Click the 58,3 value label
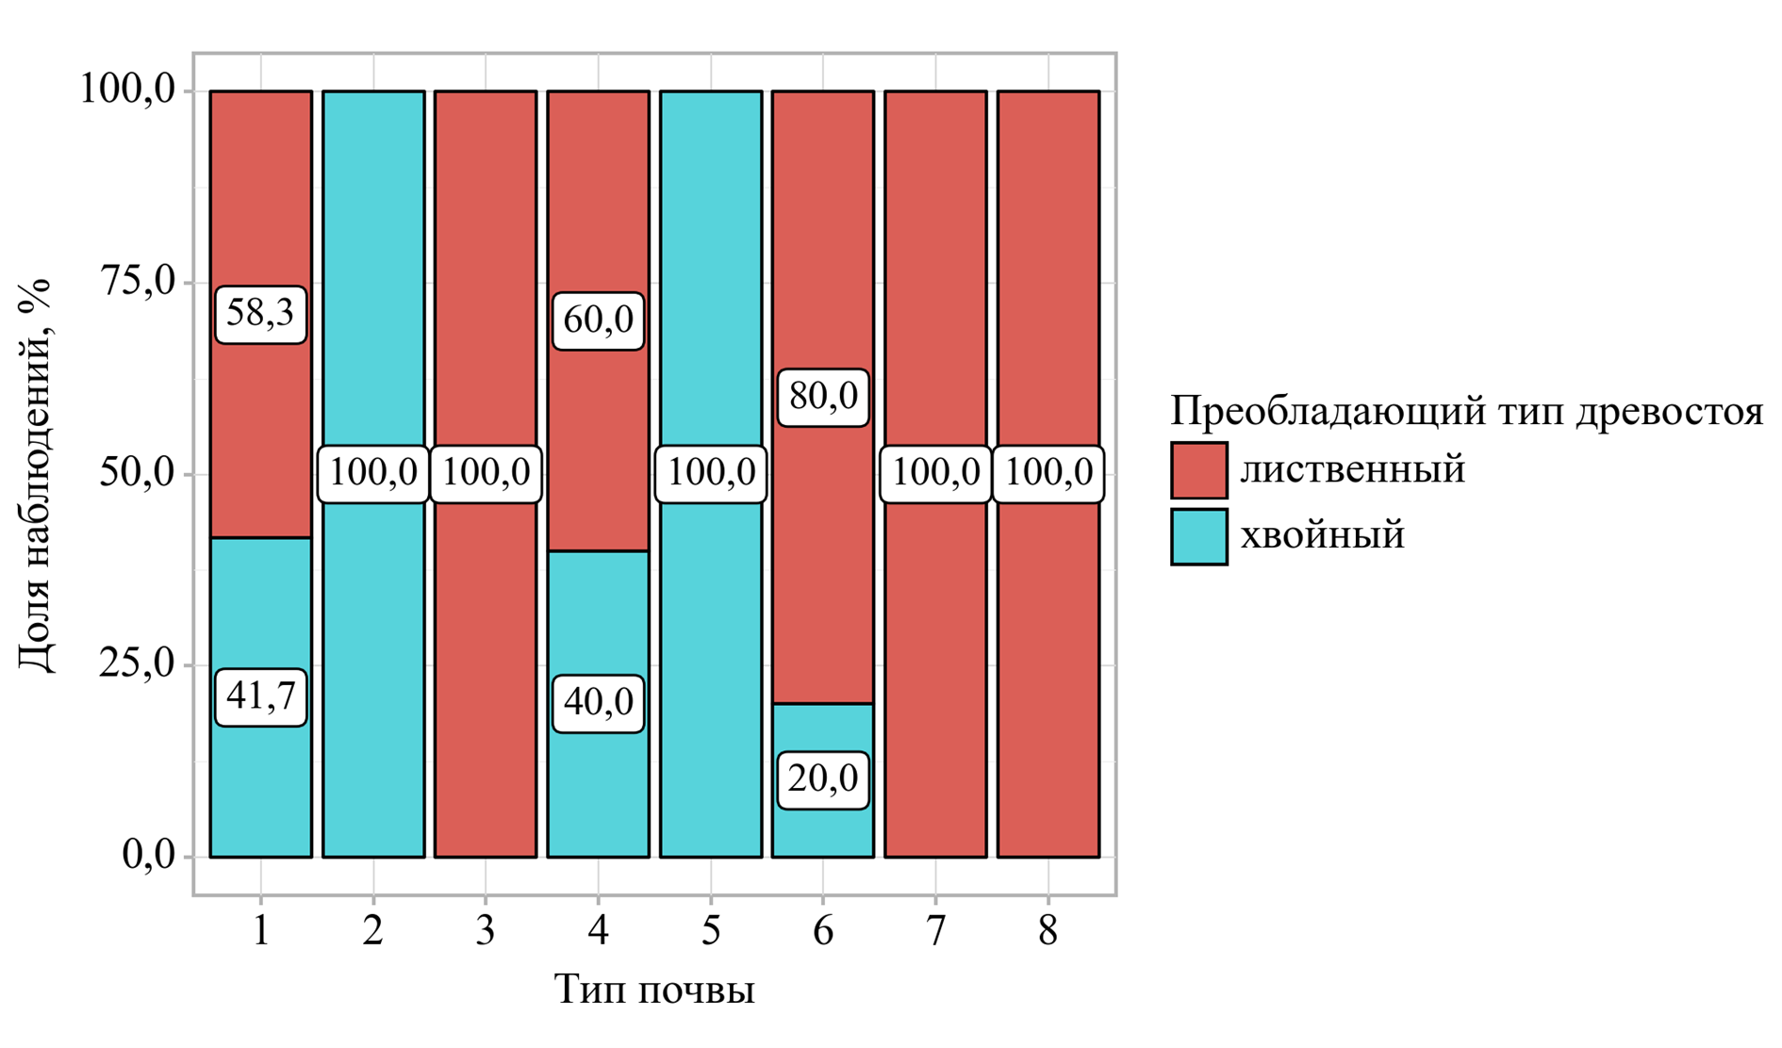click(x=260, y=314)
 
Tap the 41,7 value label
click(x=260, y=697)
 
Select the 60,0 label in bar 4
click(x=598, y=321)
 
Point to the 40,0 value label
click(x=598, y=703)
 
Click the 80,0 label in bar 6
click(x=822, y=398)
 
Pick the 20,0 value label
click(x=822, y=780)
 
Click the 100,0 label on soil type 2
click(x=373, y=473)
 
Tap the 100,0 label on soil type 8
click(x=1048, y=473)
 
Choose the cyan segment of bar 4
click(x=598, y=613)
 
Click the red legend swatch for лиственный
click(x=1198, y=470)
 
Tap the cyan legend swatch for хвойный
click(x=1198, y=536)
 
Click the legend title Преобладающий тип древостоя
click(x=1465, y=412)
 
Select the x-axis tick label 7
click(x=935, y=931)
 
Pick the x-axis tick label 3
click(x=486, y=931)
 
